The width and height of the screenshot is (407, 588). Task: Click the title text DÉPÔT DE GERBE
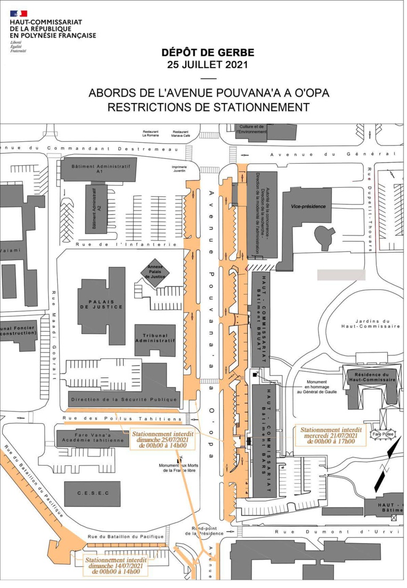[208, 53]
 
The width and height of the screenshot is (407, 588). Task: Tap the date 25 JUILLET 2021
[208, 66]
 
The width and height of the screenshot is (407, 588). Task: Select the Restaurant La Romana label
[151, 134]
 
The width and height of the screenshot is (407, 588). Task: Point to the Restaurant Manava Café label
[181, 134]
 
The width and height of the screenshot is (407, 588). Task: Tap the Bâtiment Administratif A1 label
[99, 169]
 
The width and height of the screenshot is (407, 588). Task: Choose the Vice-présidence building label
[312, 206]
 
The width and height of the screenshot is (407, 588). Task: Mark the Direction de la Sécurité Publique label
[124, 399]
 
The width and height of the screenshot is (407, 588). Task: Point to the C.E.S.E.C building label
[93, 493]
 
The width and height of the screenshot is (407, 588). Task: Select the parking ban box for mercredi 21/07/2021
[331, 436]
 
